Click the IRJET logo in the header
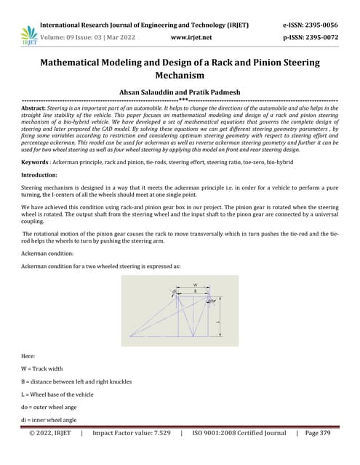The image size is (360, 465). [x=29, y=33]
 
